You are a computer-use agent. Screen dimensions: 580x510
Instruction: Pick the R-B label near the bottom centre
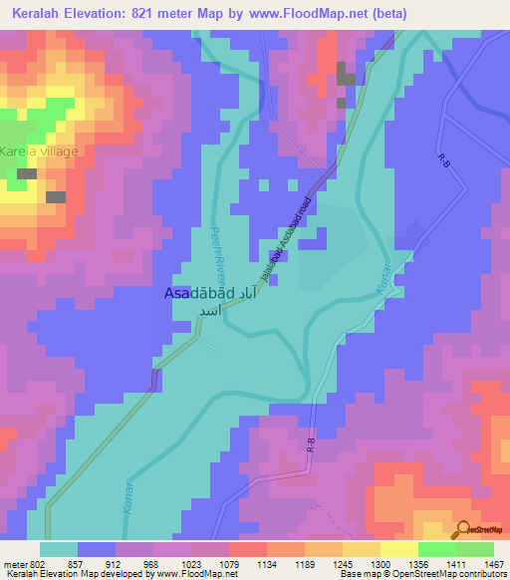pos(311,447)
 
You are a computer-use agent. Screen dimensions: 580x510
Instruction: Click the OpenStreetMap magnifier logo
pos(462,529)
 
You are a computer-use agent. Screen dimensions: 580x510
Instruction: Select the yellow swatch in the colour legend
pos(399,549)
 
